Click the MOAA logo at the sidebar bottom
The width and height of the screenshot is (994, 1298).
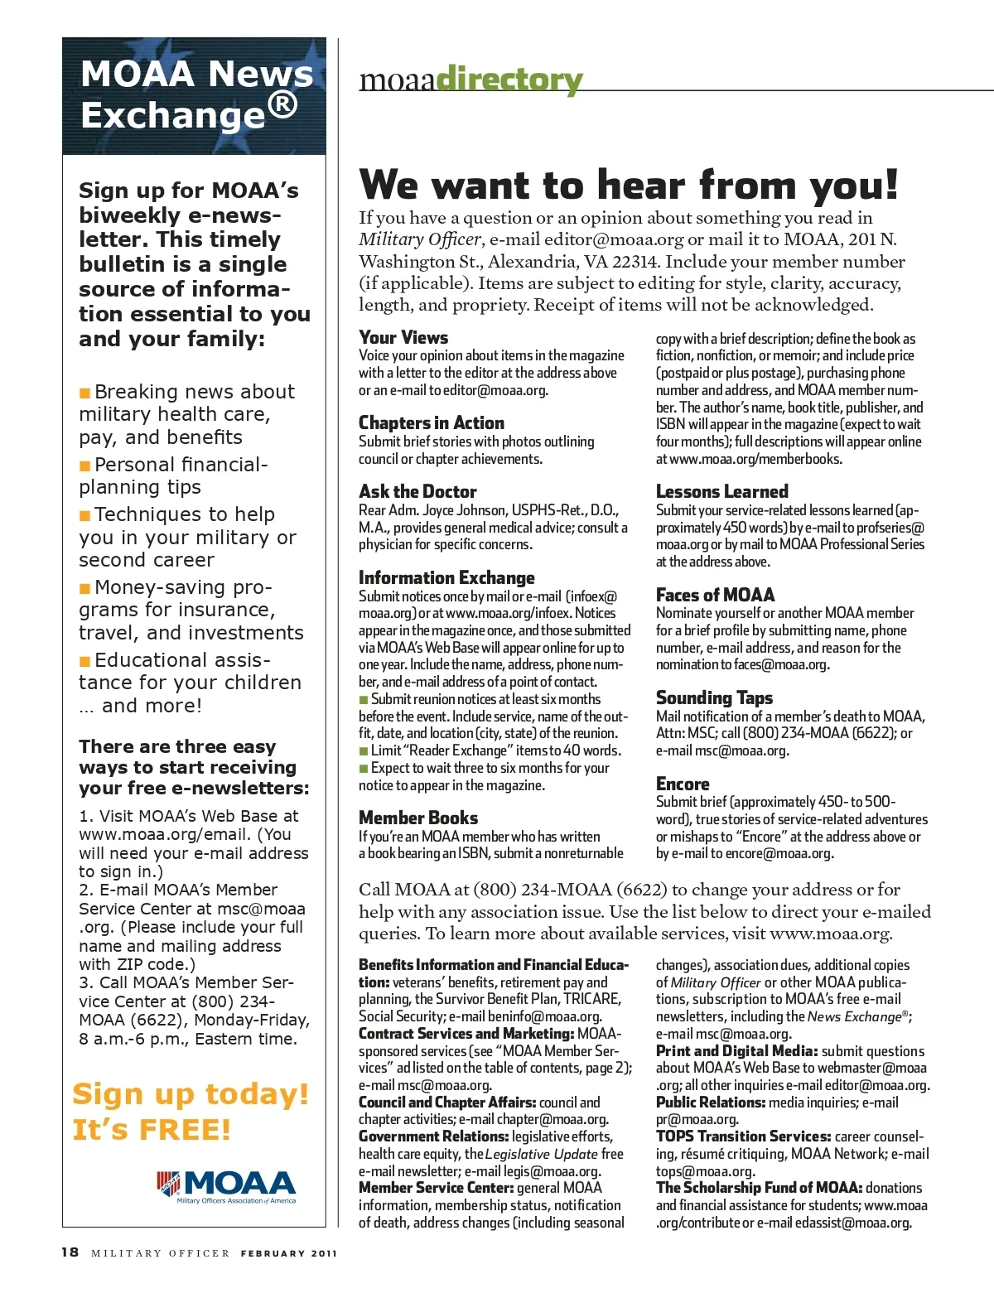click(x=226, y=1186)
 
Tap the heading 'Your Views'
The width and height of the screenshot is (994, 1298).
click(x=403, y=337)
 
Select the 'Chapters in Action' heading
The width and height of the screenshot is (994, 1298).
click(x=431, y=422)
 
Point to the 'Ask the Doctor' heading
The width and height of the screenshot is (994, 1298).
click(x=417, y=491)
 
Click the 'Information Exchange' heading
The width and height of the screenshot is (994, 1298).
click(x=446, y=577)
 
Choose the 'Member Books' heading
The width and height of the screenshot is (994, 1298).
click(x=418, y=818)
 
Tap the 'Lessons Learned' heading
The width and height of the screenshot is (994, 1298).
click(x=721, y=491)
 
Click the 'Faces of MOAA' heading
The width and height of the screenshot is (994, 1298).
click(x=715, y=595)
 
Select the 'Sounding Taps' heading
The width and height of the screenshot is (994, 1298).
click(x=714, y=697)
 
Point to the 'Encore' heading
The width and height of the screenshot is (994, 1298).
click(x=683, y=784)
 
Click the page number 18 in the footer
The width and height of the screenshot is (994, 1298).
click(x=70, y=1252)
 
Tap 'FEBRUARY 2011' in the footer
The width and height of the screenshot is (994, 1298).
click(x=288, y=1253)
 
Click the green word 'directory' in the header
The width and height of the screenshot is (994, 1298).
click(x=509, y=80)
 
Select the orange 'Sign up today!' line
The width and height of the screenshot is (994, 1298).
click(x=191, y=1093)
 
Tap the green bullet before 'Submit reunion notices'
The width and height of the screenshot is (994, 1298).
click(x=364, y=700)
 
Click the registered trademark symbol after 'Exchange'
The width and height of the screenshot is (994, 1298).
click(x=282, y=104)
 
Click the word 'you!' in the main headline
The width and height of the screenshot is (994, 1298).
click(x=854, y=185)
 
